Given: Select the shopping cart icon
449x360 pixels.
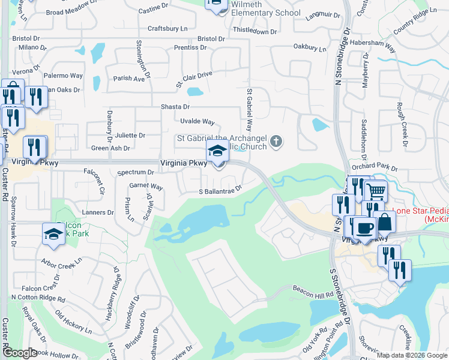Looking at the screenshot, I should (x=375, y=191).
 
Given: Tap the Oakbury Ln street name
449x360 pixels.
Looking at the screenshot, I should (x=310, y=47).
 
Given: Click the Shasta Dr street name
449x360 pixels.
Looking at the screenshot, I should (x=175, y=107).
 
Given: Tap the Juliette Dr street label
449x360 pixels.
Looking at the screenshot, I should (x=130, y=136).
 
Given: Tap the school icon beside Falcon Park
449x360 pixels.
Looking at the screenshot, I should (x=53, y=234).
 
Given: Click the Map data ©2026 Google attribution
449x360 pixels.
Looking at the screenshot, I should (x=411, y=355).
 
